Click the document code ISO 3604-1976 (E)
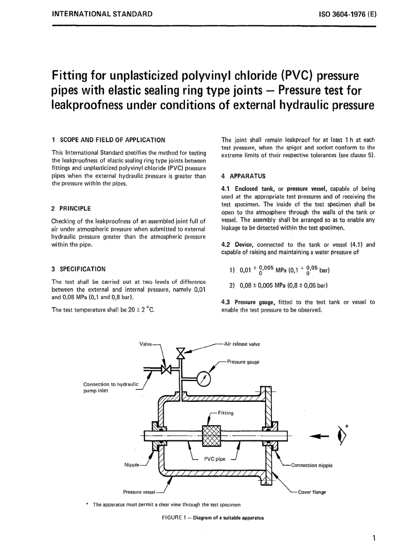(x=347, y=14)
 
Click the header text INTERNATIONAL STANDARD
(x=102, y=14)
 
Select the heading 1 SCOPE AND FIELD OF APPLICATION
(x=108, y=140)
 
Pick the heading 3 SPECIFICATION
(x=78, y=269)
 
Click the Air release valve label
(x=242, y=344)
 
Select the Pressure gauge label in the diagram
(x=243, y=362)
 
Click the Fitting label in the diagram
(x=225, y=413)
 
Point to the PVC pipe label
(x=215, y=459)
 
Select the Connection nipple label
(x=311, y=465)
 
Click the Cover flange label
(x=312, y=492)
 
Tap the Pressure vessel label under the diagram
(x=139, y=492)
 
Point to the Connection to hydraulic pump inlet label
(x=110, y=387)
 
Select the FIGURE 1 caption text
(x=212, y=518)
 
